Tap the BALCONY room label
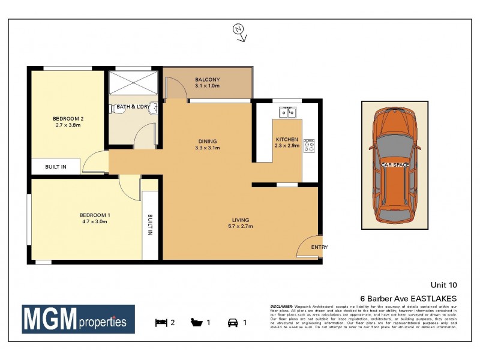pyautogui.click(x=208, y=80)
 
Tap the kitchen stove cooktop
pyautogui.click(x=310, y=146)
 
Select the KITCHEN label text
pyautogui.click(x=287, y=139)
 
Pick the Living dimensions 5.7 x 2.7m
pyautogui.click(x=240, y=227)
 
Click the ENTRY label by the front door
pyautogui.click(x=319, y=247)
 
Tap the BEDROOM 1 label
pyautogui.click(x=95, y=215)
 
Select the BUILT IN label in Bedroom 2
pyautogui.click(x=56, y=166)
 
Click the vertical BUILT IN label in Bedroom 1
pyautogui.click(x=150, y=225)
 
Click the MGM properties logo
pyautogui.click(x=79, y=320)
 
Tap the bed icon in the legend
pyautogui.click(x=161, y=322)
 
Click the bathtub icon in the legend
pyautogui.click(x=196, y=322)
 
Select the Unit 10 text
pyautogui.click(x=443, y=285)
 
